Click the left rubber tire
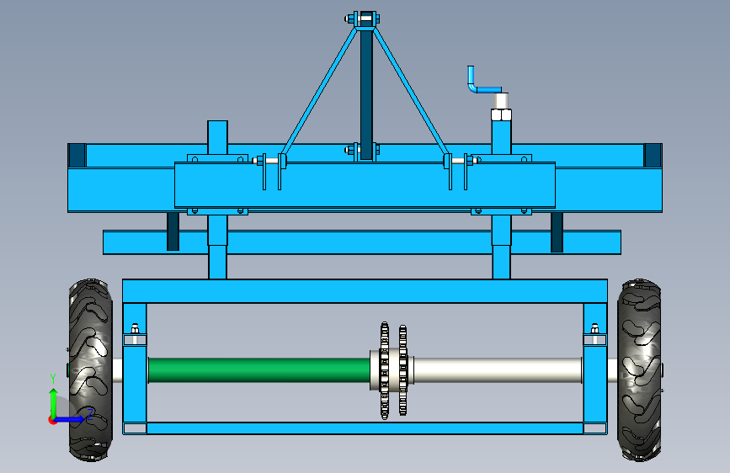tap(90, 370)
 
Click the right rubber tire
tap(639, 370)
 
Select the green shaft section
tap(259, 370)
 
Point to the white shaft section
tap(498, 370)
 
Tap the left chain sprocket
tap(385, 370)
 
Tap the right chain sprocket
tap(402, 370)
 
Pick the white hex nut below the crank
tap(501, 114)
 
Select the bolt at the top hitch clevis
tap(363, 19)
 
